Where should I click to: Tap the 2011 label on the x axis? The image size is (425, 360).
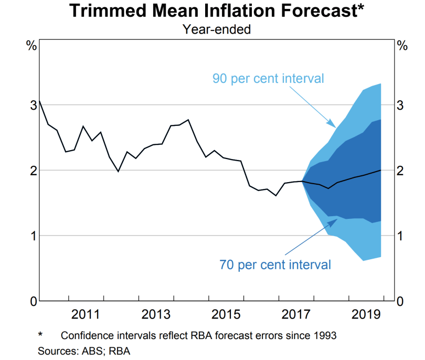tap(86, 315)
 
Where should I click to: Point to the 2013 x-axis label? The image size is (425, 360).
tap(156, 315)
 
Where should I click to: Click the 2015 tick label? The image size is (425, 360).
tap(226, 315)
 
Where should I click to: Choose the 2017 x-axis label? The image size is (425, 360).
tap(295, 315)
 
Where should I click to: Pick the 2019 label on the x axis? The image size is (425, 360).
tap(366, 315)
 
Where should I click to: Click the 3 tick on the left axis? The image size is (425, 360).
tap(33, 105)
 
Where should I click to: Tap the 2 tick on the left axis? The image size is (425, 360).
tap(33, 171)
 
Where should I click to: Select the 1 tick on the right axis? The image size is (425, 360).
tap(401, 236)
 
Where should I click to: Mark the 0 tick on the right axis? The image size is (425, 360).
tap(401, 301)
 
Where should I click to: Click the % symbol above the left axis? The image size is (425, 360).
tap(31, 46)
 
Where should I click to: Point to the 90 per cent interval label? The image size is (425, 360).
tap(268, 79)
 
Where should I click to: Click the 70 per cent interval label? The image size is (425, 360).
tap(275, 264)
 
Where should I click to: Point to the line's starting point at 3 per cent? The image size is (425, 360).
tap(39, 101)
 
